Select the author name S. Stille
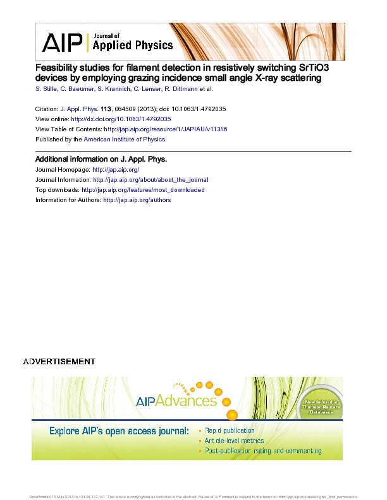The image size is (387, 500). [x=46, y=90]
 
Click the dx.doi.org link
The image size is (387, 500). [x=121, y=119]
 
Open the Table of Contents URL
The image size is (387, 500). [x=165, y=129]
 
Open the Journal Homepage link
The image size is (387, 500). [x=116, y=170]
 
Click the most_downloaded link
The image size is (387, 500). [x=143, y=190]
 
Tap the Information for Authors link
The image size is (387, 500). [x=137, y=200]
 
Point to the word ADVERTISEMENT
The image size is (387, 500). [x=59, y=362]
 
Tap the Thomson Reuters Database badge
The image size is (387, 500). [x=321, y=410]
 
